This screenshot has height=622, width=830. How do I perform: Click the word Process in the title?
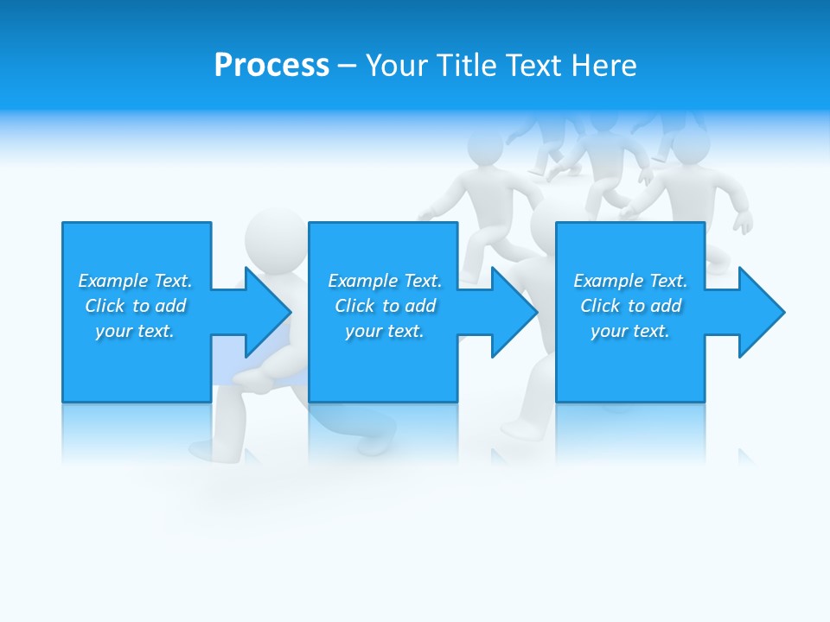(271, 65)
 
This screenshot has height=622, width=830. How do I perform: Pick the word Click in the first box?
(105, 306)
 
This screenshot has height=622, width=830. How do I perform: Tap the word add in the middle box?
(420, 306)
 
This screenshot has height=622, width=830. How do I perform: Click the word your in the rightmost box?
(609, 331)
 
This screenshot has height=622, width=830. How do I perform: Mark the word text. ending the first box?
(155, 331)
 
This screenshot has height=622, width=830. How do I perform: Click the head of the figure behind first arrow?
(275, 233)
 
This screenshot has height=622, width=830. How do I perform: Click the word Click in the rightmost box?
(600, 306)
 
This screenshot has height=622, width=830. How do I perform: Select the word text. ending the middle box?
(405, 331)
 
